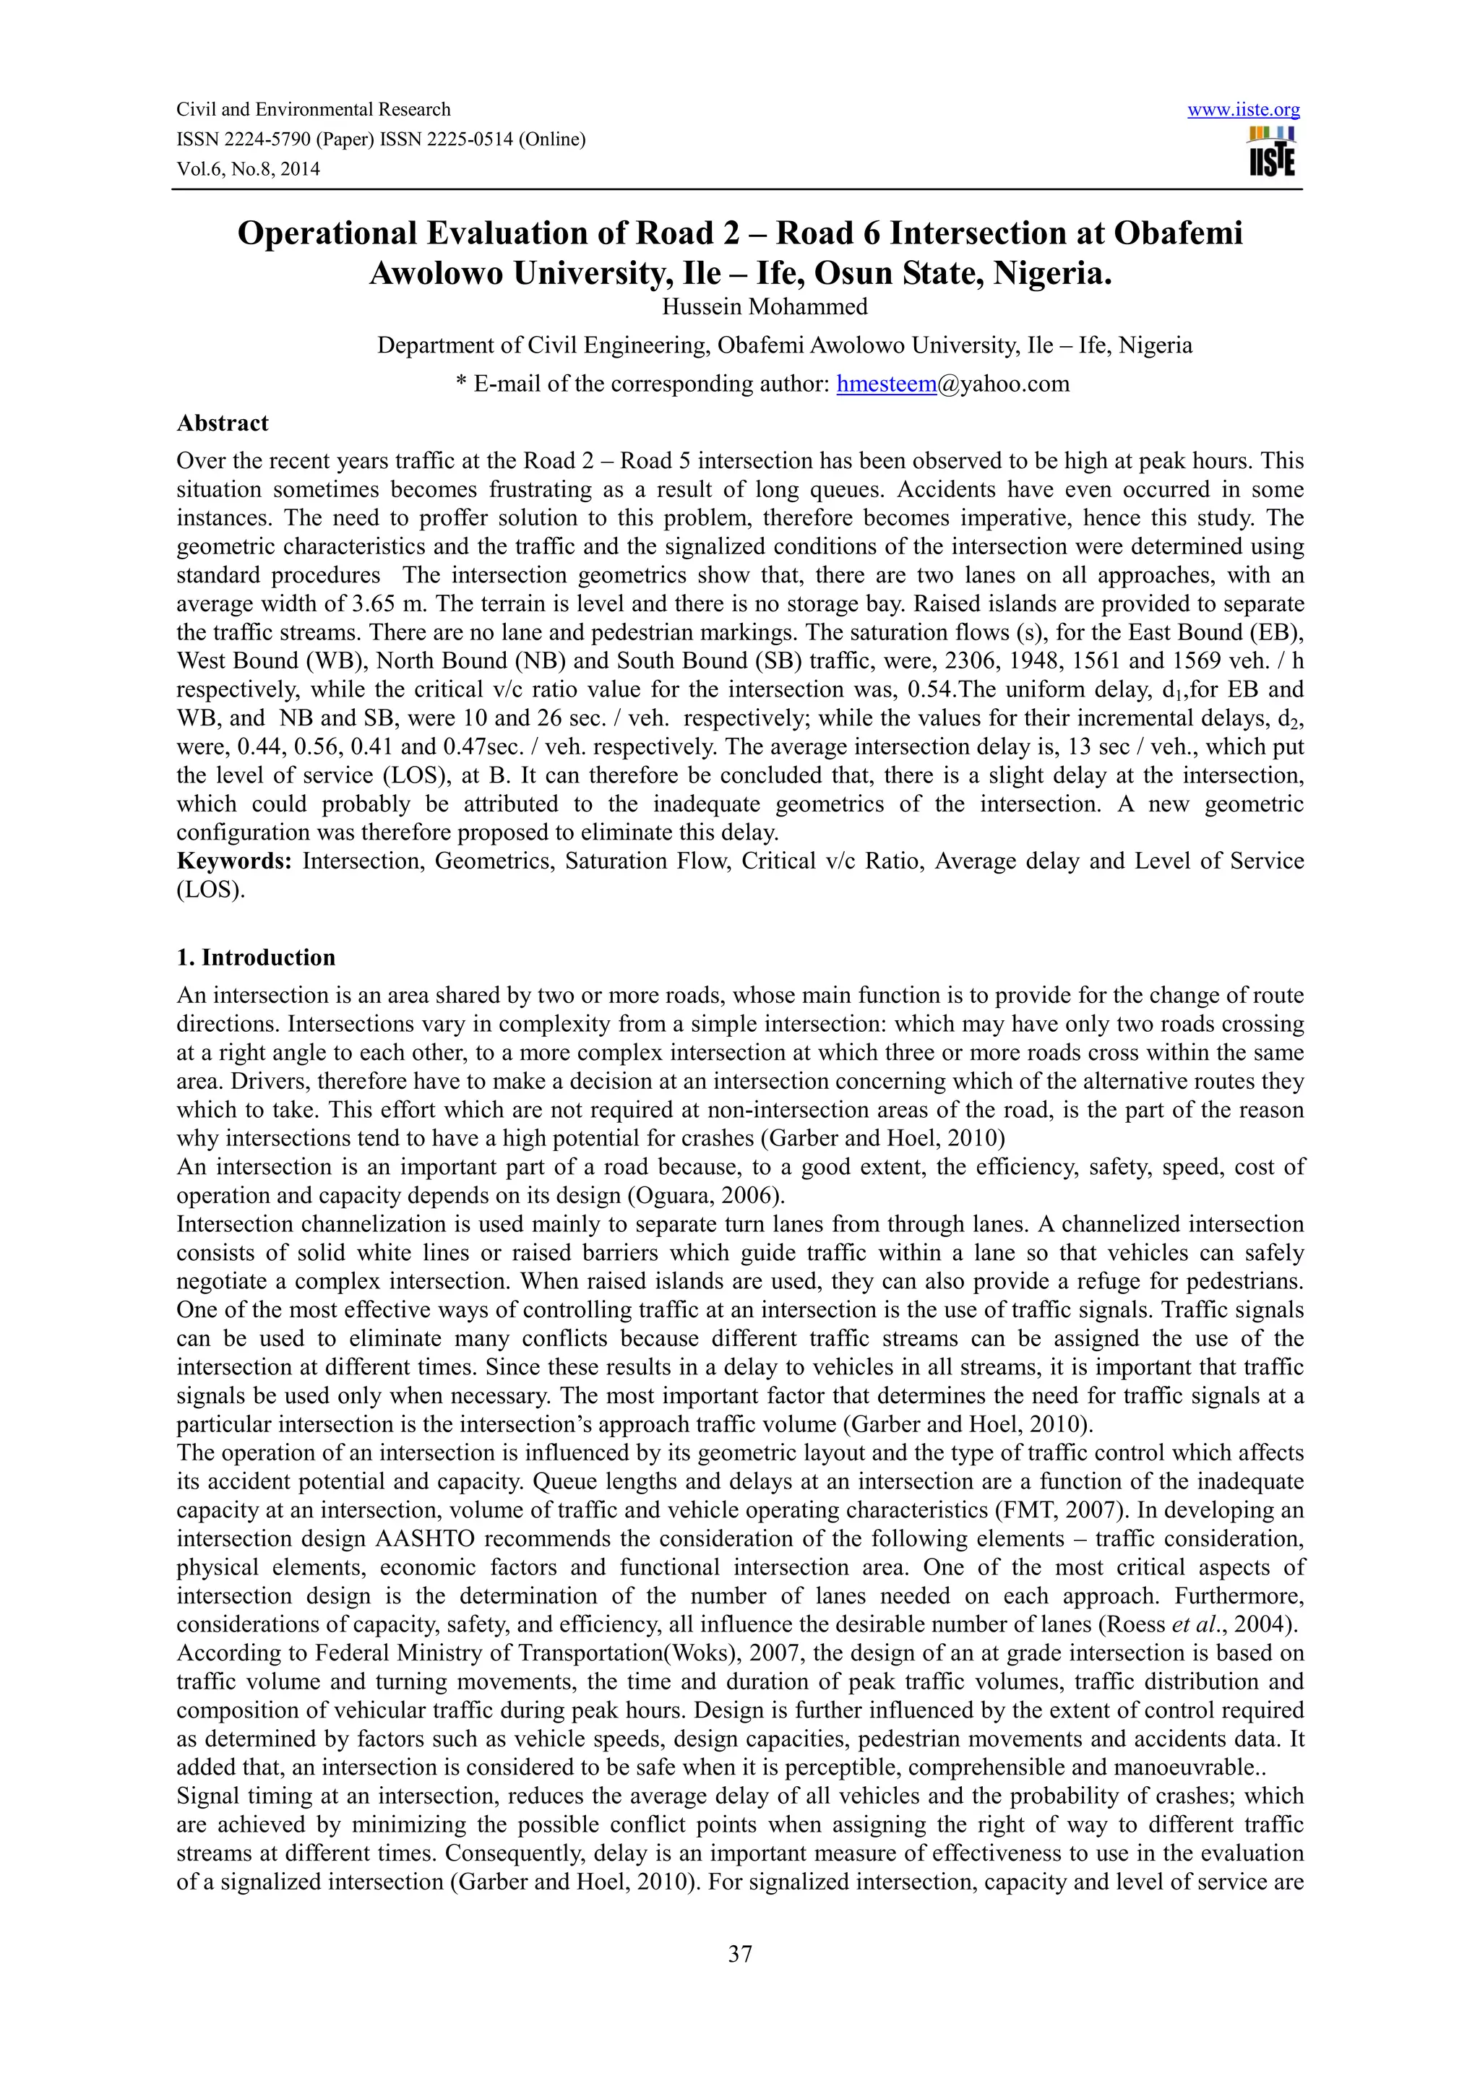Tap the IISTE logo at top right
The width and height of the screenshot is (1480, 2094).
coord(1271,152)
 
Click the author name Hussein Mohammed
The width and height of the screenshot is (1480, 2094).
coord(764,307)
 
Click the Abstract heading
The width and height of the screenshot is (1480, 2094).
coord(223,423)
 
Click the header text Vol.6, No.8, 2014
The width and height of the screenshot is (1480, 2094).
coord(248,169)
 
